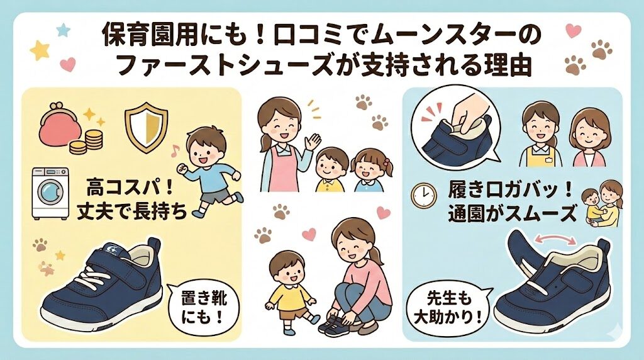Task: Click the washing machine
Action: pyautogui.click(x=51, y=192)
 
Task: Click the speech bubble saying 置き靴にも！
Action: pyautogui.click(x=201, y=307)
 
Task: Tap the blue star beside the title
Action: pyautogui.click(x=62, y=30)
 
